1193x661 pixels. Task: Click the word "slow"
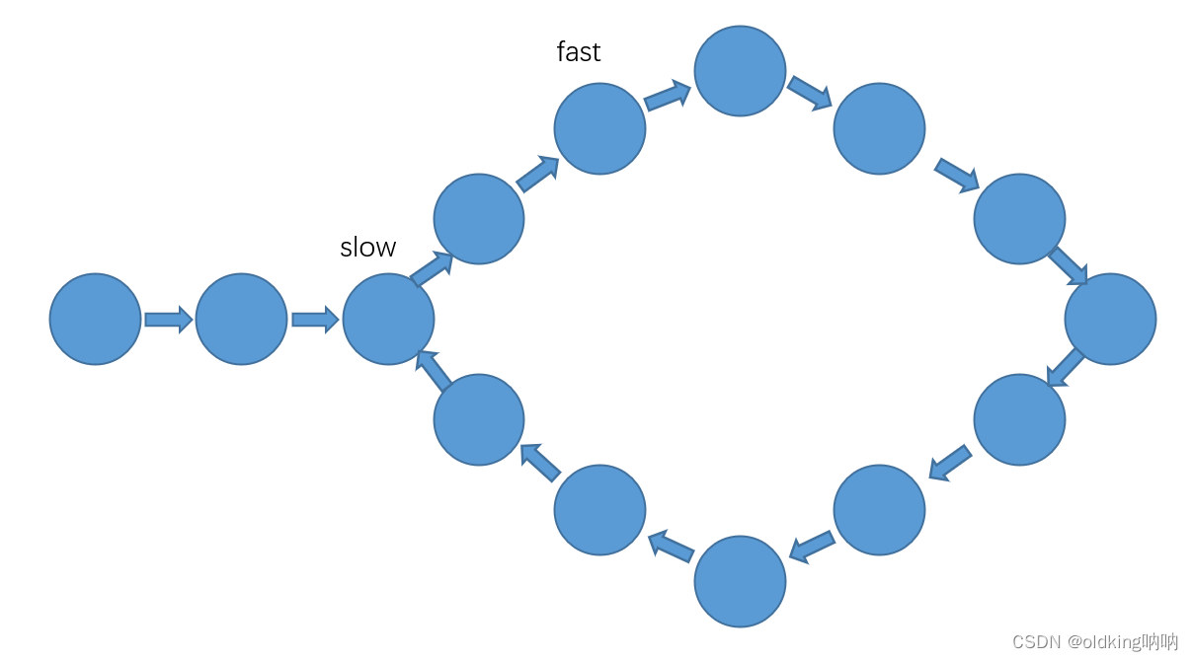(368, 248)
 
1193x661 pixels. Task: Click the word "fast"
(579, 51)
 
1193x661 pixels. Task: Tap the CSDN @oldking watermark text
(1095, 642)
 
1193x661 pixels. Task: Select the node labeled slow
(388, 320)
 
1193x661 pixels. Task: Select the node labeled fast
(599, 129)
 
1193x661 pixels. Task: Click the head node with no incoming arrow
(96, 320)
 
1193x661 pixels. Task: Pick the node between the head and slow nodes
(241, 320)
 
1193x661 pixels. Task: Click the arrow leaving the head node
(168, 320)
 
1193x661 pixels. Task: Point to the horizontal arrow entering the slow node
(315, 320)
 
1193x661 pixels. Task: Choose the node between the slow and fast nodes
(479, 219)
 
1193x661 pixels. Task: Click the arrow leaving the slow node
(432, 267)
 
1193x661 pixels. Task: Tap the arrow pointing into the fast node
(537, 174)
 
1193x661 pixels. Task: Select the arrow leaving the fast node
(668, 96)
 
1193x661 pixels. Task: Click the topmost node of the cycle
(740, 71)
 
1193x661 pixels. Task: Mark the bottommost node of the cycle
(740, 581)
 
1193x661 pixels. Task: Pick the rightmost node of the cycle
(1110, 320)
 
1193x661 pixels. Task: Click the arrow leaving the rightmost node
(1066, 367)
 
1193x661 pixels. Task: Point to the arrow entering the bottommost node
(812, 548)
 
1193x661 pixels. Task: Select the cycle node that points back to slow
(479, 420)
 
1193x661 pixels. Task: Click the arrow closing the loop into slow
(434, 370)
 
